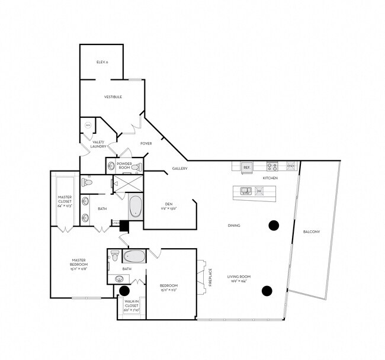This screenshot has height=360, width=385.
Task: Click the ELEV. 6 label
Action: point(102,62)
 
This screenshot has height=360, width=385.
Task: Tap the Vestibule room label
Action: point(113,97)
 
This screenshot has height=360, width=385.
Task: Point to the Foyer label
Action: point(146,143)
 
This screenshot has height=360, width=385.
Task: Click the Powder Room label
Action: point(124,166)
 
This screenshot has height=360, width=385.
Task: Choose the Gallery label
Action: point(180,169)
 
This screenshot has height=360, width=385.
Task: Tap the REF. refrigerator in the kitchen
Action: point(247,168)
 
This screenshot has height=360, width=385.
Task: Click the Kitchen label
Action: point(270,178)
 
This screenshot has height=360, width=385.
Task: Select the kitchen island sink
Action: point(245,191)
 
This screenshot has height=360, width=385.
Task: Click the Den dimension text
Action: point(169,208)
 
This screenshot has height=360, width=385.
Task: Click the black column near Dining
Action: point(274,225)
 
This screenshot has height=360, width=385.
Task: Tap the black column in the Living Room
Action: point(267,290)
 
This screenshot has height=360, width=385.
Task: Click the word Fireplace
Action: point(210,278)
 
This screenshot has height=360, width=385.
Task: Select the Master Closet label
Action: point(65,201)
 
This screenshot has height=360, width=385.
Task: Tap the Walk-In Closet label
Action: point(131,305)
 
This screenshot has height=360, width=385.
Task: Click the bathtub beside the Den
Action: point(136,207)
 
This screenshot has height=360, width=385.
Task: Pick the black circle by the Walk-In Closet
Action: point(124,291)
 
